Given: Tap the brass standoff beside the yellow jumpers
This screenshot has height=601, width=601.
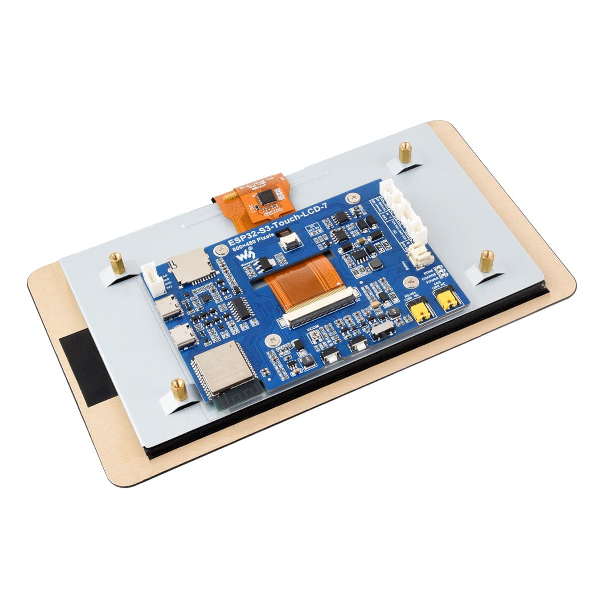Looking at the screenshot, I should tap(486, 261).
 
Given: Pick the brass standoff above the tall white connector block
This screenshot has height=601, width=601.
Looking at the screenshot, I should tap(405, 151).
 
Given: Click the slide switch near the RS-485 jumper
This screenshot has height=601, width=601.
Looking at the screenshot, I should tap(385, 331).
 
